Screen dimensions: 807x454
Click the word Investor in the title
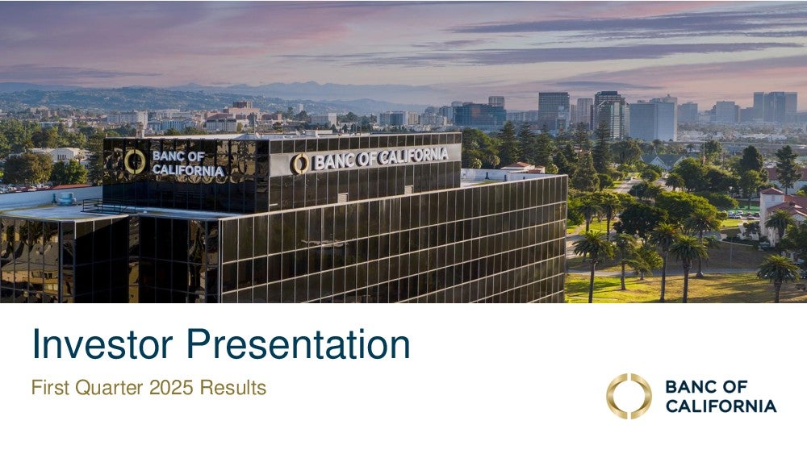[x=102, y=344]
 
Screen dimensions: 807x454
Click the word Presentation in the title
[x=298, y=344]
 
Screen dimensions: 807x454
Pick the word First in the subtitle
[x=50, y=387]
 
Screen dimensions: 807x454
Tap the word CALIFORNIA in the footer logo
[x=721, y=406]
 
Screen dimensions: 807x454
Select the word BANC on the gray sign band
[x=334, y=161]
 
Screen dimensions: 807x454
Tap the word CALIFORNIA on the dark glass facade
[x=188, y=170]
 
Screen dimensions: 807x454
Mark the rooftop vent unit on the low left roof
[x=65, y=198]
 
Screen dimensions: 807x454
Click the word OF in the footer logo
[x=734, y=386]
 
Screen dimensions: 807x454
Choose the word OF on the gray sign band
[x=366, y=159]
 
